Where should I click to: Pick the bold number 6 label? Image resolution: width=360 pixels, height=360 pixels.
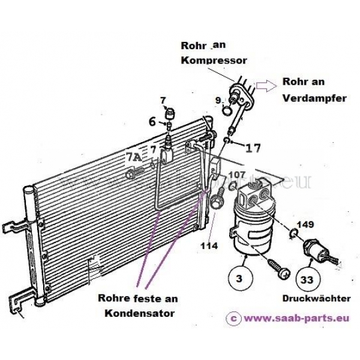(153, 121)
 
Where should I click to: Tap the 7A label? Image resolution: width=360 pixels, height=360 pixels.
(134, 157)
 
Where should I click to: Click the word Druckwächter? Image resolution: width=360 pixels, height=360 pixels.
(308, 298)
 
